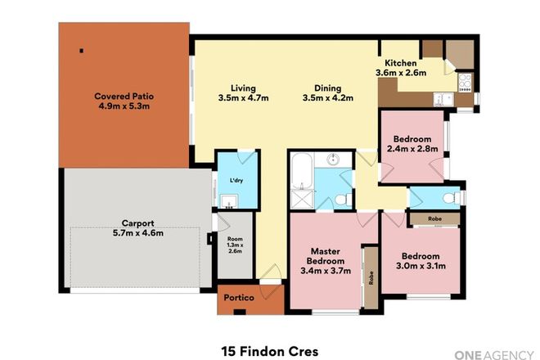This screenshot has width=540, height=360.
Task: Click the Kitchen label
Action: click(x=401, y=63)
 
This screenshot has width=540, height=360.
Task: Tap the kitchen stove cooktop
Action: click(x=465, y=81)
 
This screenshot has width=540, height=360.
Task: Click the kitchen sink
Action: click(x=441, y=100)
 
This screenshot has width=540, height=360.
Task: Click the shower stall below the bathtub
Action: click(x=300, y=198)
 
